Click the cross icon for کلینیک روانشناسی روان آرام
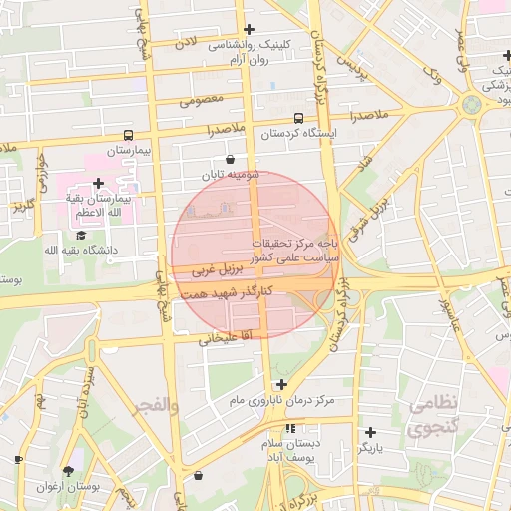click(x=249, y=29)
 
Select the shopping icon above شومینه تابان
click(x=231, y=159)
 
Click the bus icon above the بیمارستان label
click(x=128, y=135)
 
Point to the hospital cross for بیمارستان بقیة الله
click(x=98, y=183)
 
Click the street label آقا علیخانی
click(x=207, y=339)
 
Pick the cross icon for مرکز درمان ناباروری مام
click(x=282, y=384)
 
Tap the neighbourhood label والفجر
click(x=156, y=406)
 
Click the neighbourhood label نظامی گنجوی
click(x=432, y=416)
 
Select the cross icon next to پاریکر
click(x=370, y=432)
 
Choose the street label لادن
click(x=187, y=43)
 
